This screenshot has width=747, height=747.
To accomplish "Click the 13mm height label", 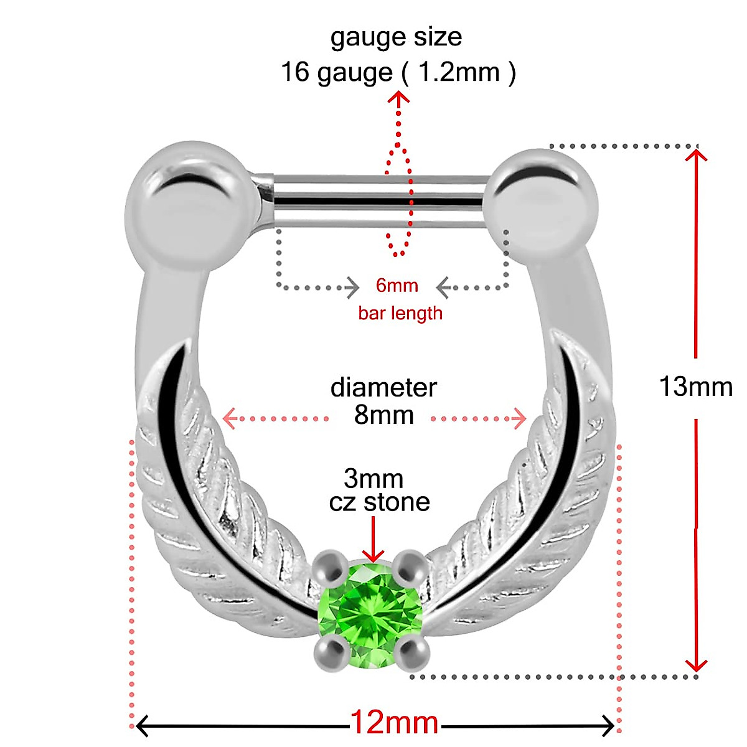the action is [696, 387].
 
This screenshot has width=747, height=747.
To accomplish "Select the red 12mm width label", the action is [395, 723].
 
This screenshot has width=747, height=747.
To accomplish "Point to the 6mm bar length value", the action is [397, 286].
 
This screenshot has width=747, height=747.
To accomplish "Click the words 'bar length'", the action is [400, 312].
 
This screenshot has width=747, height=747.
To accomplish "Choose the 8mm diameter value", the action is [384, 415].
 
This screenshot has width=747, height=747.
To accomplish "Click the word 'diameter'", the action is [383, 387].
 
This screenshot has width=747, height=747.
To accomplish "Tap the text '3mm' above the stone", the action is [374, 479].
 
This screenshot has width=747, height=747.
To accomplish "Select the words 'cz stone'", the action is [380, 502].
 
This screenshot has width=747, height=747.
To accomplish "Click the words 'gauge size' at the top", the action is [396, 37].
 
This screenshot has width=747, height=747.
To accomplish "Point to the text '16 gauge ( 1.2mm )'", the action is [398, 72].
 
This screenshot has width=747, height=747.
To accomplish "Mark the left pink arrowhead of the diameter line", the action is [229, 418].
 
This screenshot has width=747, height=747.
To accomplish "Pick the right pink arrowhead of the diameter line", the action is [519, 418].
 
